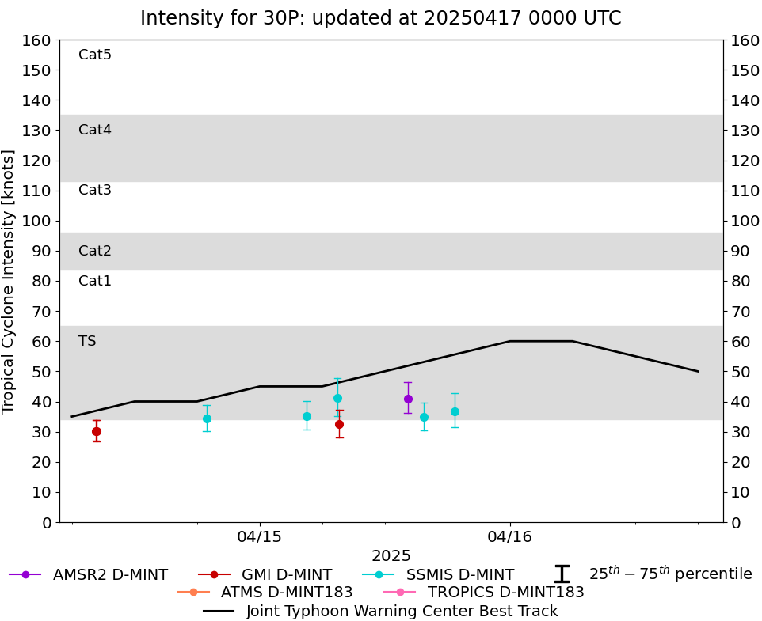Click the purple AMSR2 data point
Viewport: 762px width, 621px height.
(408, 399)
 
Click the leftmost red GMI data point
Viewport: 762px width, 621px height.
(97, 431)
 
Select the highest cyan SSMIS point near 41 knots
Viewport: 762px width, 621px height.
(337, 398)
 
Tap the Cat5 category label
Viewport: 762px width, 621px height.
(95, 55)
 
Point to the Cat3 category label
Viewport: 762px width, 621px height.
(95, 190)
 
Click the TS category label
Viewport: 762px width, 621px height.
(87, 341)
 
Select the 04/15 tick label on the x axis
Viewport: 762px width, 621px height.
(260, 537)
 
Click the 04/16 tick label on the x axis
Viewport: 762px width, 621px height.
(510, 537)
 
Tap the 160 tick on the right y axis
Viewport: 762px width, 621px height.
(745, 40)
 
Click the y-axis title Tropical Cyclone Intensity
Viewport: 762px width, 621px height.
(10, 281)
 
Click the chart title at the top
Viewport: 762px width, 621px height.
(381, 18)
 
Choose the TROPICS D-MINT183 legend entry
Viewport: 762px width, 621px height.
(505, 592)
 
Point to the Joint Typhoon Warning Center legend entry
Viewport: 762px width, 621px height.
(402, 611)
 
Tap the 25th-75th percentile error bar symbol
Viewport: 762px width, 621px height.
(562, 574)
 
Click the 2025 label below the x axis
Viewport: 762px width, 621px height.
(391, 555)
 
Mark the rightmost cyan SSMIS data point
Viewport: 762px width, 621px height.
(455, 411)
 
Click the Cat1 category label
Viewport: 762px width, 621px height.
(95, 281)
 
